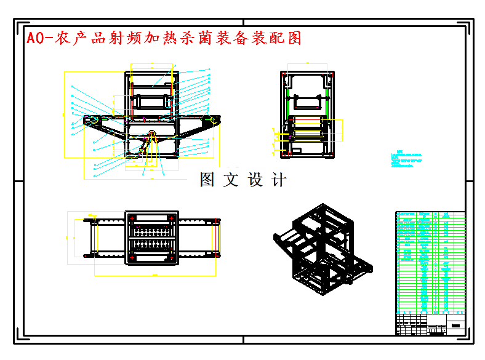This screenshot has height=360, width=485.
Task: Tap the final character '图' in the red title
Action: click(295, 38)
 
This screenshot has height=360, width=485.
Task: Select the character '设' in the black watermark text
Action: click(255, 180)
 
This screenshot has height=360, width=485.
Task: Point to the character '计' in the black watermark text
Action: click(279, 180)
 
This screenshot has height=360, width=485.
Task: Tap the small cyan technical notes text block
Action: click(406, 159)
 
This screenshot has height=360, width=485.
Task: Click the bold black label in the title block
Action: click(456, 325)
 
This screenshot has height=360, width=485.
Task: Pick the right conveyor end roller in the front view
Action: click(213, 119)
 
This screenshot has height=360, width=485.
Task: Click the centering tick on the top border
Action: click(243, 22)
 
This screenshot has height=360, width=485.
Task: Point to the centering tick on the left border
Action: click(17, 181)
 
